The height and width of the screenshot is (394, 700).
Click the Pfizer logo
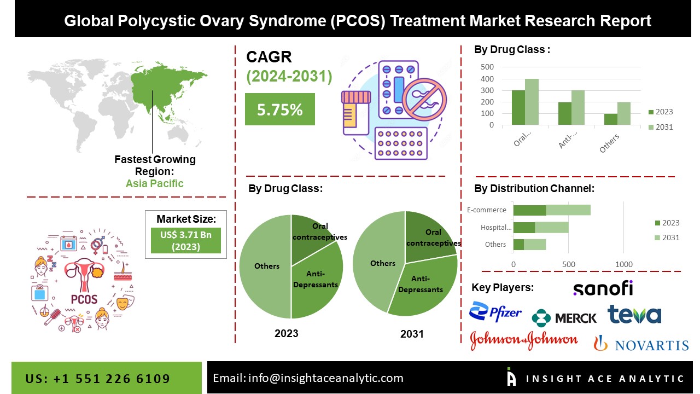point(495,312)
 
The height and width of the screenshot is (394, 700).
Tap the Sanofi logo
point(603,288)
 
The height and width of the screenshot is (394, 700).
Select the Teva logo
point(634,314)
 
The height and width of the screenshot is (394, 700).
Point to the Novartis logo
point(641,344)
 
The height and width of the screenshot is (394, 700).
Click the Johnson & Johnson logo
point(524,340)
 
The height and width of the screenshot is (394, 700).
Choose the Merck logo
point(564,317)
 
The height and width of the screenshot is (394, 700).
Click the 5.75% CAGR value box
point(279,109)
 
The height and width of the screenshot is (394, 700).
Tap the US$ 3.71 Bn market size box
point(186,240)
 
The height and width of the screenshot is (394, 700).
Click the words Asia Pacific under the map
point(155,183)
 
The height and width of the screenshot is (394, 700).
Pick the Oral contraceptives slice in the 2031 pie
point(429,235)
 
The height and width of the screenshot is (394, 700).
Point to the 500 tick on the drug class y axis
point(487,67)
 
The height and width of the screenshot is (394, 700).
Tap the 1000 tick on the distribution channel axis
point(623,264)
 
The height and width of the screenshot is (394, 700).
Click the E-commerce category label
point(486,210)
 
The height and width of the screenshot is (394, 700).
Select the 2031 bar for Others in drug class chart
point(624,113)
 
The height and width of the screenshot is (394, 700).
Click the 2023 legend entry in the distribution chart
point(667,223)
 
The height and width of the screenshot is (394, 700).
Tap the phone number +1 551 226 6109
point(98,379)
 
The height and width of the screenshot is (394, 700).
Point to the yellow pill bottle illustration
point(356,112)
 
